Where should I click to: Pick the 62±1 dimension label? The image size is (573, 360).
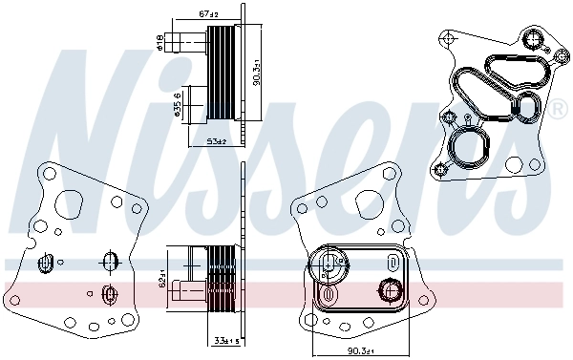(163, 277)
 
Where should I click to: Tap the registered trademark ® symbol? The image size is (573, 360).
(557, 111)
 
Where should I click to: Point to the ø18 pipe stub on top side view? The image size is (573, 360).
(179, 40)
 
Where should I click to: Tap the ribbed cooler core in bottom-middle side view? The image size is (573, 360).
(223, 277)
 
